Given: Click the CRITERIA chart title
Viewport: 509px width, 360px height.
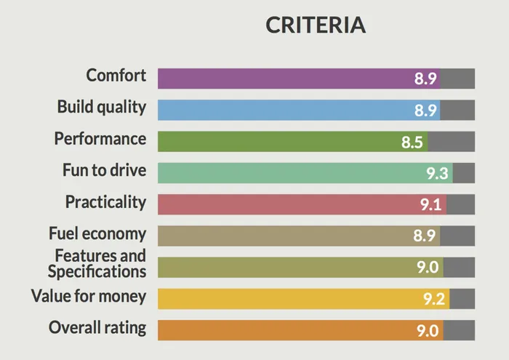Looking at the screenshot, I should point(316,25).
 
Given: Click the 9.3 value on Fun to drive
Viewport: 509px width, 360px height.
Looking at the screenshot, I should point(438,173).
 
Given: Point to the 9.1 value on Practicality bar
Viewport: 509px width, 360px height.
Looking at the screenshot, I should point(431,204).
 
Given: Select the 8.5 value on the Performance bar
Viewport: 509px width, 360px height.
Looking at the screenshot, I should point(412,142).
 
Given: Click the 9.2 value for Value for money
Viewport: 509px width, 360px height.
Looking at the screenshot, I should point(434,299).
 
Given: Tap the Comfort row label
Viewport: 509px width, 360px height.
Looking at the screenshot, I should point(116,76).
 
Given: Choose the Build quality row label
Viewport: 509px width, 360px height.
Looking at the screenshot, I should point(102,107).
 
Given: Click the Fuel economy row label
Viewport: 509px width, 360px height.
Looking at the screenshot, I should point(97,233).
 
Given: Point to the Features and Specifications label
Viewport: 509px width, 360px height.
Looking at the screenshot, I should point(97,263).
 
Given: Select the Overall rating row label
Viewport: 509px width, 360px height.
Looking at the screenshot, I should point(97,327).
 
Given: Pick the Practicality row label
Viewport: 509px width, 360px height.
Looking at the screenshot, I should point(105,201).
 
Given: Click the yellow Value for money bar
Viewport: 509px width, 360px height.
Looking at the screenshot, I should point(291,299).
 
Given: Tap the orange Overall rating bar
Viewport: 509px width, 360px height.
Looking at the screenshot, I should point(291,330).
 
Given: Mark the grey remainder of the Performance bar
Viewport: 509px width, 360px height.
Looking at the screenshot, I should point(452,141).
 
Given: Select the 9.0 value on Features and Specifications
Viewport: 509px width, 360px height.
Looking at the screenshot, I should point(428,268).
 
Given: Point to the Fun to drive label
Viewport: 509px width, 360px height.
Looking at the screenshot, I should point(104,170).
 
